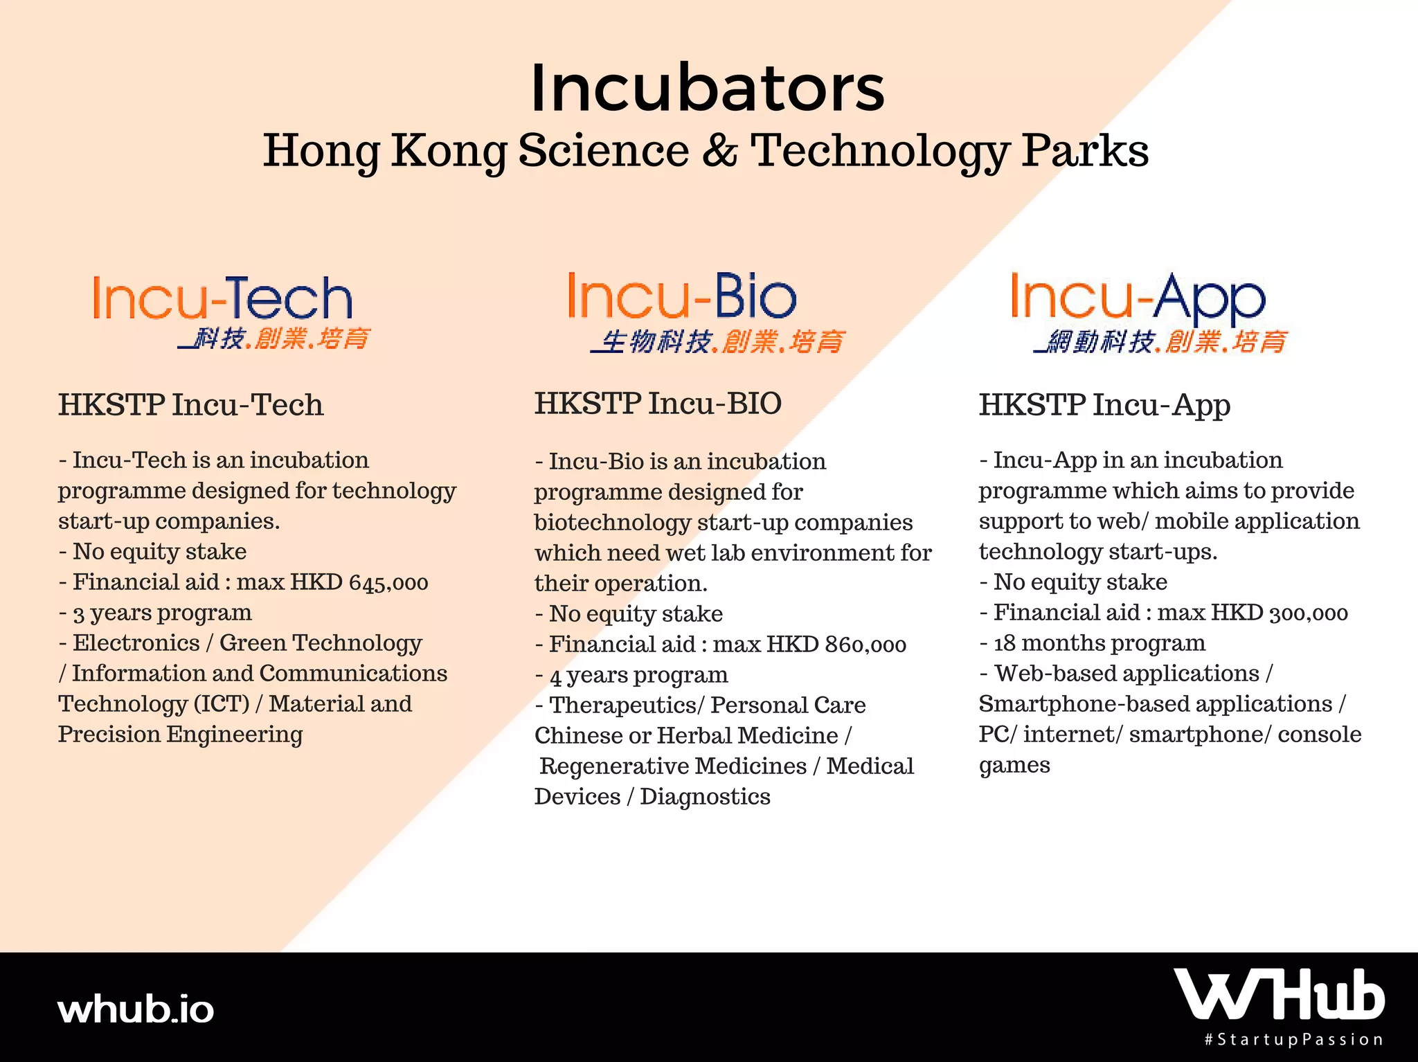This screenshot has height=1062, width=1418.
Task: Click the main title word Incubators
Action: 708,88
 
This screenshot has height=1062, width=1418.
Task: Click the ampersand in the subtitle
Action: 720,150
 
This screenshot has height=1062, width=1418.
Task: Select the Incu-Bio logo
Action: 706,312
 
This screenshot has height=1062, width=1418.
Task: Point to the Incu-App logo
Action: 1149,312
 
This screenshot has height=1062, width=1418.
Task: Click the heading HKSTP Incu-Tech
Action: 190,405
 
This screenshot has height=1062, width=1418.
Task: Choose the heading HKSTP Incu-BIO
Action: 658,404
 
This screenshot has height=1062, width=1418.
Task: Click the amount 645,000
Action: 388,583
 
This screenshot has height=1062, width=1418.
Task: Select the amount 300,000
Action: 1309,613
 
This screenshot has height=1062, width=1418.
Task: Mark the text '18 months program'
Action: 1100,644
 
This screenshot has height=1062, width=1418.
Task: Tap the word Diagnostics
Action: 705,798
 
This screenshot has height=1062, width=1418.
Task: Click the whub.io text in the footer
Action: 136,1010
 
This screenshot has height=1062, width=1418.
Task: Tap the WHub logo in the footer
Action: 1279,994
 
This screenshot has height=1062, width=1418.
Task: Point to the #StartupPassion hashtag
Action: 1293,1040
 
